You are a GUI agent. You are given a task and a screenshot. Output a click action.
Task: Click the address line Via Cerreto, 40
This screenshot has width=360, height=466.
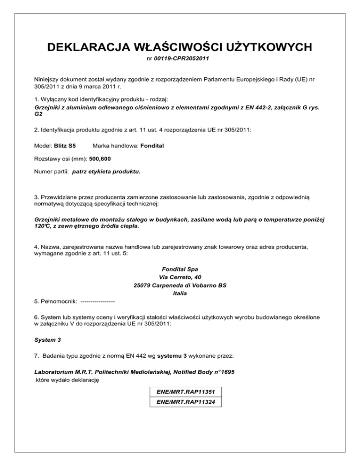point(180,277)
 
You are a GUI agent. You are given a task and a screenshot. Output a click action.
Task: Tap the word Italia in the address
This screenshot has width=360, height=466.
point(180,294)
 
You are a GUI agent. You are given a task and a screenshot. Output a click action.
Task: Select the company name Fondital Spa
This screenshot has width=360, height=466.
point(180,269)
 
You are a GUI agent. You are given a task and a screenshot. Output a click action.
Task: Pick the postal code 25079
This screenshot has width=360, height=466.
point(137,286)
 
